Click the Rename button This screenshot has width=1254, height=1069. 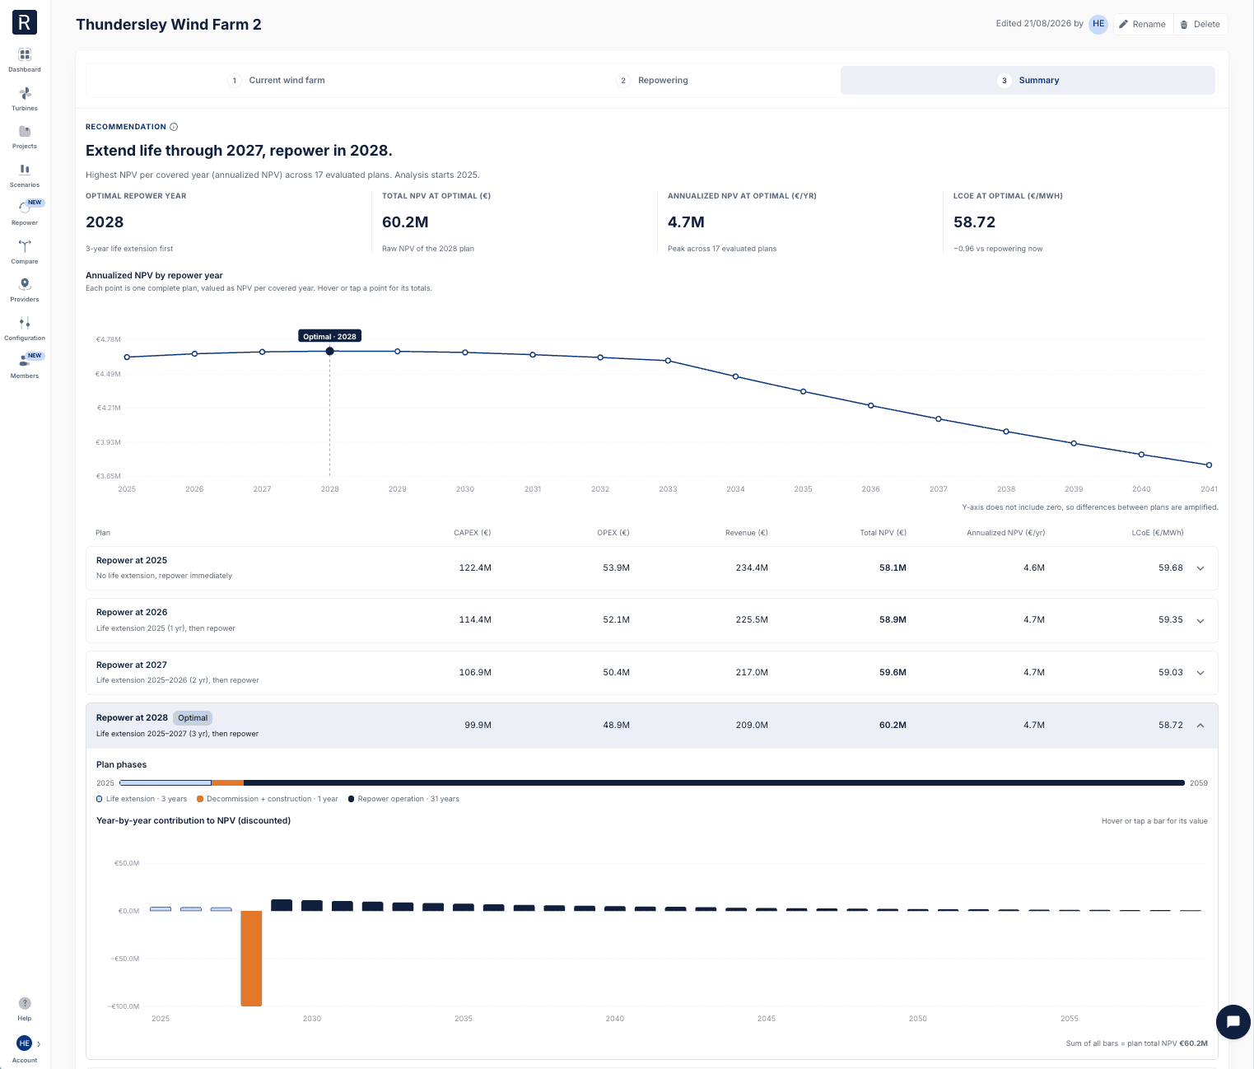(x=1143, y=24)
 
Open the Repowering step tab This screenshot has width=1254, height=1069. (x=652, y=80)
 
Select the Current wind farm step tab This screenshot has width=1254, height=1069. (x=276, y=80)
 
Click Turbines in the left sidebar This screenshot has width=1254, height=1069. (x=24, y=99)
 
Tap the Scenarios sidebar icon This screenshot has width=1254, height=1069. (x=24, y=170)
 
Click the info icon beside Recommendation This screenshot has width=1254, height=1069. (x=174, y=127)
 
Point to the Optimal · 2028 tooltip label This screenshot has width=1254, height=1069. (x=329, y=336)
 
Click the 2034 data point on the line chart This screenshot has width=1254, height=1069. (x=735, y=376)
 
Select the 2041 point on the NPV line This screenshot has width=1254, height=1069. (x=1209, y=465)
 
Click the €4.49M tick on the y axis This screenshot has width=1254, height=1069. (x=108, y=374)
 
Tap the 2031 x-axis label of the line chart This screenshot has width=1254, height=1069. (x=532, y=489)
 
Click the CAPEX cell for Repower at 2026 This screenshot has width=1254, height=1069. (x=475, y=620)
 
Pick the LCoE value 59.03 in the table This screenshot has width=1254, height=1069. (x=1170, y=672)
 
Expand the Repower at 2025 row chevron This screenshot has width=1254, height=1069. (x=1200, y=568)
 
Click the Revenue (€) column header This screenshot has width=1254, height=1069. (x=746, y=533)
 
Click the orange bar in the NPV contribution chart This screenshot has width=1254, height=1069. (x=251, y=959)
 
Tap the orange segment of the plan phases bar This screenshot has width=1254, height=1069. (x=227, y=782)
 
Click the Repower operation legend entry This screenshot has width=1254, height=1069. (x=403, y=799)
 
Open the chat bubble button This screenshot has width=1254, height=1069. (x=1233, y=1022)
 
